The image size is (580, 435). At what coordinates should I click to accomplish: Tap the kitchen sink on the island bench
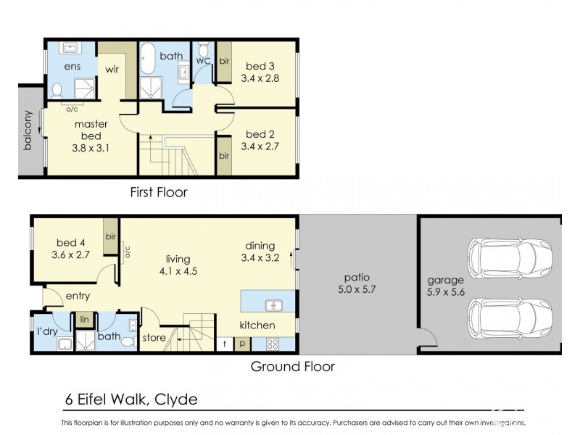point(274,304)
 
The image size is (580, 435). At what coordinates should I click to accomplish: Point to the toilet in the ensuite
point(57,91)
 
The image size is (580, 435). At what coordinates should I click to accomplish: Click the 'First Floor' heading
point(158,192)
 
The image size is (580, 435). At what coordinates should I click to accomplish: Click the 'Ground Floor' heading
point(292,366)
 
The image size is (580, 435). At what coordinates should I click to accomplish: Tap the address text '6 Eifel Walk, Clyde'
point(129,399)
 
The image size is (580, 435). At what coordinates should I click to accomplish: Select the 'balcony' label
point(28,130)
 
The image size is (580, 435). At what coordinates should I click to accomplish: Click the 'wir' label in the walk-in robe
point(113,70)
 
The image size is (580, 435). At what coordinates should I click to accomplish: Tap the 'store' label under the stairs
point(154,338)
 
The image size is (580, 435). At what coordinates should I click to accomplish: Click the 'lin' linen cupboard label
point(83,319)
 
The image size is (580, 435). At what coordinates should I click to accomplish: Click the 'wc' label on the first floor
point(203,61)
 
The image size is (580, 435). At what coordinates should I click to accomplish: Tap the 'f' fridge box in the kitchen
point(225,344)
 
